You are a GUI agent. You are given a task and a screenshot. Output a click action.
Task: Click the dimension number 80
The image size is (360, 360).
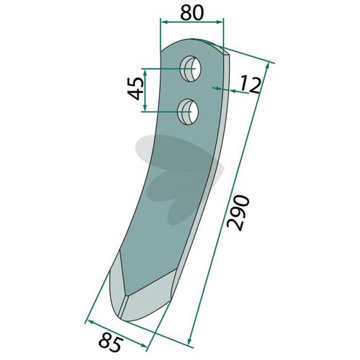click(x=192, y=13)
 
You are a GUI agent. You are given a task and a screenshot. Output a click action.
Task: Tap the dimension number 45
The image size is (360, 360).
click(x=135, y=89)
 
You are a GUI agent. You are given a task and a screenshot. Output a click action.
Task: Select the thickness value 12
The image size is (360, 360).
click(x=251, y=84)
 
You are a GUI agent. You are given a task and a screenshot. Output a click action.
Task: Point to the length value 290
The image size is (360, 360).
click(x=238, y=213)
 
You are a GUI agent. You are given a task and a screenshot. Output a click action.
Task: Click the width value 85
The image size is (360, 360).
click(x=111, y=343)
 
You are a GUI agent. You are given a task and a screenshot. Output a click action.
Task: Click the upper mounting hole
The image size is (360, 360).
click(x=192, y=69)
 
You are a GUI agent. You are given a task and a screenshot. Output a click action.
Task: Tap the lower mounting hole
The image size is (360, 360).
click(x=188, y=112)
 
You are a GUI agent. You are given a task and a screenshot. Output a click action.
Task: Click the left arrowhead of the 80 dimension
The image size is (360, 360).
click(x=163, y=22)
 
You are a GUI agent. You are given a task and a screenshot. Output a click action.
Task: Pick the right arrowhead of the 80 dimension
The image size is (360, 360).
click(x=220, y=22)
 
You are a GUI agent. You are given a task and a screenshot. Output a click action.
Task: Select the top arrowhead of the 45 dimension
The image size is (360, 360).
click(x=145, y=72)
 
